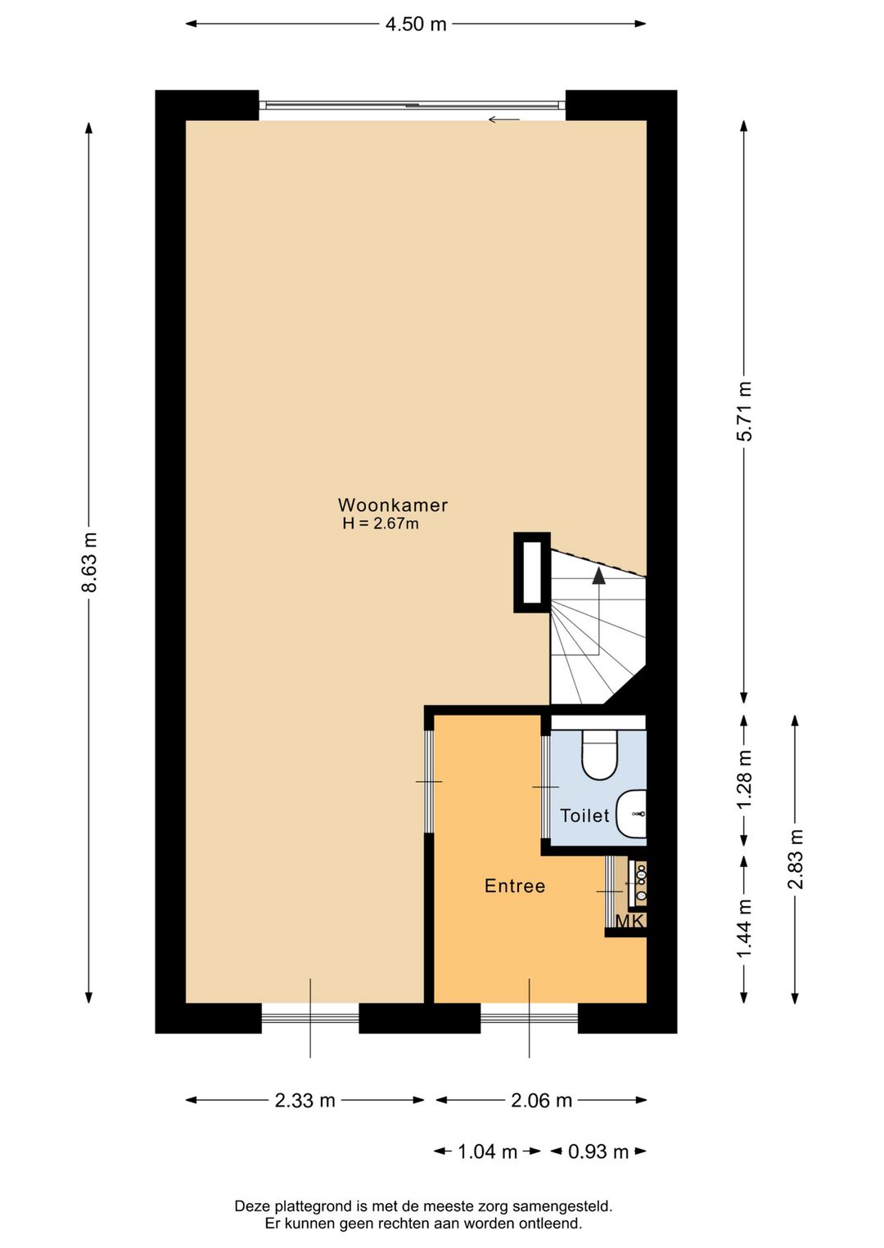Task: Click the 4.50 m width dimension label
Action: point(416,24)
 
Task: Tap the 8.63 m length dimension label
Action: point(89,562)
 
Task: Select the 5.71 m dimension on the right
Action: point(744,411)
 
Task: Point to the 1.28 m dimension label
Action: point(744,780)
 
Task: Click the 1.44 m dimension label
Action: point(744,929)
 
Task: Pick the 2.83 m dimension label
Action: point(795,859)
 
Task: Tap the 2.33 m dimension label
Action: point(304,1101)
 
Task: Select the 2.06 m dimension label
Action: point(541,1101)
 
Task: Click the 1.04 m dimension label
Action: point(487,1152)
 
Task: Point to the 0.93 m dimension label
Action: point(598,1152)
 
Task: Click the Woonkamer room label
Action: point(393,505)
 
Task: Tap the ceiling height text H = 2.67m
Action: point(381,524)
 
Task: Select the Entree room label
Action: point(515,887)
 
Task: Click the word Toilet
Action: point(584,816)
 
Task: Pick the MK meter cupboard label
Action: point(629,922)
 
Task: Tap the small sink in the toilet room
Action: point(633,814)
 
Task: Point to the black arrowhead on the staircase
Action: point(599,576)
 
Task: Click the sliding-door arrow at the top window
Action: point(504,120)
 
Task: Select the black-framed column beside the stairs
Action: point(532,572)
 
